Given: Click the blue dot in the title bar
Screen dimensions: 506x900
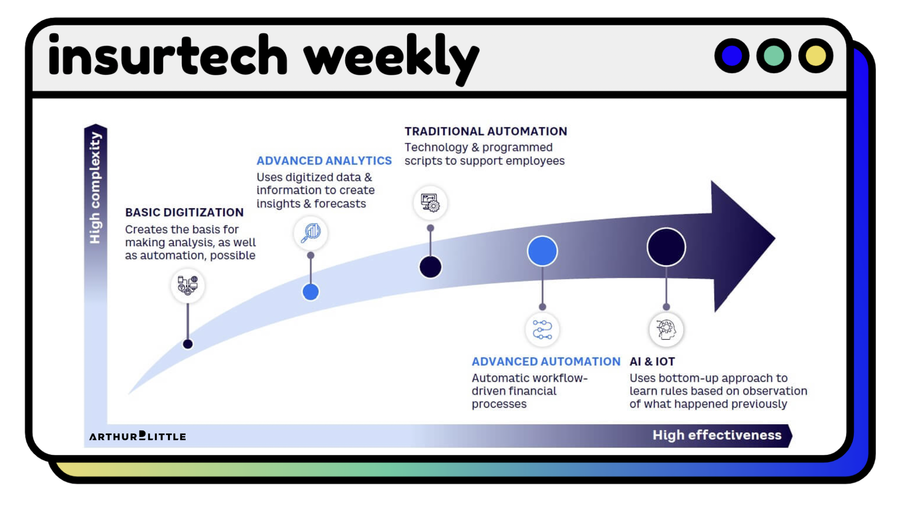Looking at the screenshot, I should tap(732, 56).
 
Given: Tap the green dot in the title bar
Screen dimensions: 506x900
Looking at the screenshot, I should tap(773, 56).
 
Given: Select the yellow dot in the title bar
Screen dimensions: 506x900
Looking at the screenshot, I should tap(815, 56).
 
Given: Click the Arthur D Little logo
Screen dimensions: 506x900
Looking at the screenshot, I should tap(138, 436).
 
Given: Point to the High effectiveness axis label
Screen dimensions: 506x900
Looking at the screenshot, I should tap(716, 435).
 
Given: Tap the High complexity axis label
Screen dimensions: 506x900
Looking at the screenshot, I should tap(95, 188).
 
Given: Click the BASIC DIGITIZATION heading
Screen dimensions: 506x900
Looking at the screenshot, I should tap(184, 212).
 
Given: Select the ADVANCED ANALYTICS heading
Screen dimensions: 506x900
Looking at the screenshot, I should tap(324, 161).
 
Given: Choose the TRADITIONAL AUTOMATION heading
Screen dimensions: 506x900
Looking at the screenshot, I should tap(485, 131).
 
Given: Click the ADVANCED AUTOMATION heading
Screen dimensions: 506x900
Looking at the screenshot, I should tap(546, 362).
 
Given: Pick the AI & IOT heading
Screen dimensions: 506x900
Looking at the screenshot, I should tap(652, 362).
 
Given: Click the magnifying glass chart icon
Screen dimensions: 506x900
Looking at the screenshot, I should tap(311, 233).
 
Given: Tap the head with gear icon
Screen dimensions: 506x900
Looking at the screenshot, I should tap(666, 330).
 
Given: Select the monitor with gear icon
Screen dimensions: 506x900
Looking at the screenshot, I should tap(430, 203).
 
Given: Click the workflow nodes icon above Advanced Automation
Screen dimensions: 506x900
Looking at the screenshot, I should tap(542, 330).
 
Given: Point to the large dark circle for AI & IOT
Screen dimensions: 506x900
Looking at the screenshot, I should tap(666, 247).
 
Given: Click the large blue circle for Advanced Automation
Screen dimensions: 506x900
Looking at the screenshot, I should tap(542, 251).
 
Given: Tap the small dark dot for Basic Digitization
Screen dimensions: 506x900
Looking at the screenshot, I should tap(188, 344).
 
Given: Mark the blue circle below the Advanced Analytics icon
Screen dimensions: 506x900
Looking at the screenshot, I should tap(310, 292).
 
